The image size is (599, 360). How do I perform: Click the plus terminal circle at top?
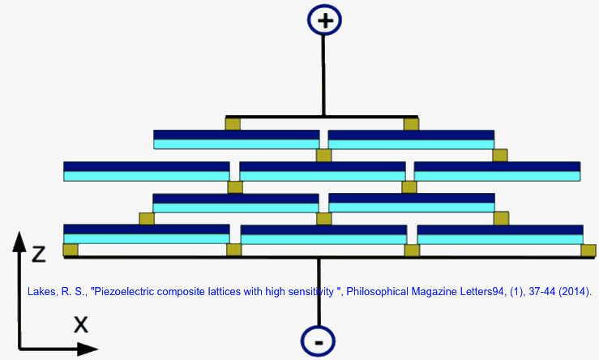tap(325, 20)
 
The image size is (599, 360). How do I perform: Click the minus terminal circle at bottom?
tap(318, 341)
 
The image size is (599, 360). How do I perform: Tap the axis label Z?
tap(37, 254)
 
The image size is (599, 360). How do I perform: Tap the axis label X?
tap(80, 324)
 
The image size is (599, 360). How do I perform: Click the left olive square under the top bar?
tap(233, 124)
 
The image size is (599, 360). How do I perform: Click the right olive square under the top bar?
tap(411, 124)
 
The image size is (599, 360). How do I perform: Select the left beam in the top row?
tap(236, 139)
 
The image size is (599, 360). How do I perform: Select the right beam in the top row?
tap(411, 139)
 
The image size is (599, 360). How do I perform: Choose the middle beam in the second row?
tap(322, 171)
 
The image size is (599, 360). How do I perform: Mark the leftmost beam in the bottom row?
tap(146, 234)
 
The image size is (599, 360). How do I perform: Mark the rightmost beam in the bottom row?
tap(499, 234)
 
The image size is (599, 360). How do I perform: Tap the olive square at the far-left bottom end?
tap(71, 250)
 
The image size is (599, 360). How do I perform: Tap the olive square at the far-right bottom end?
tap(589, 250)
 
